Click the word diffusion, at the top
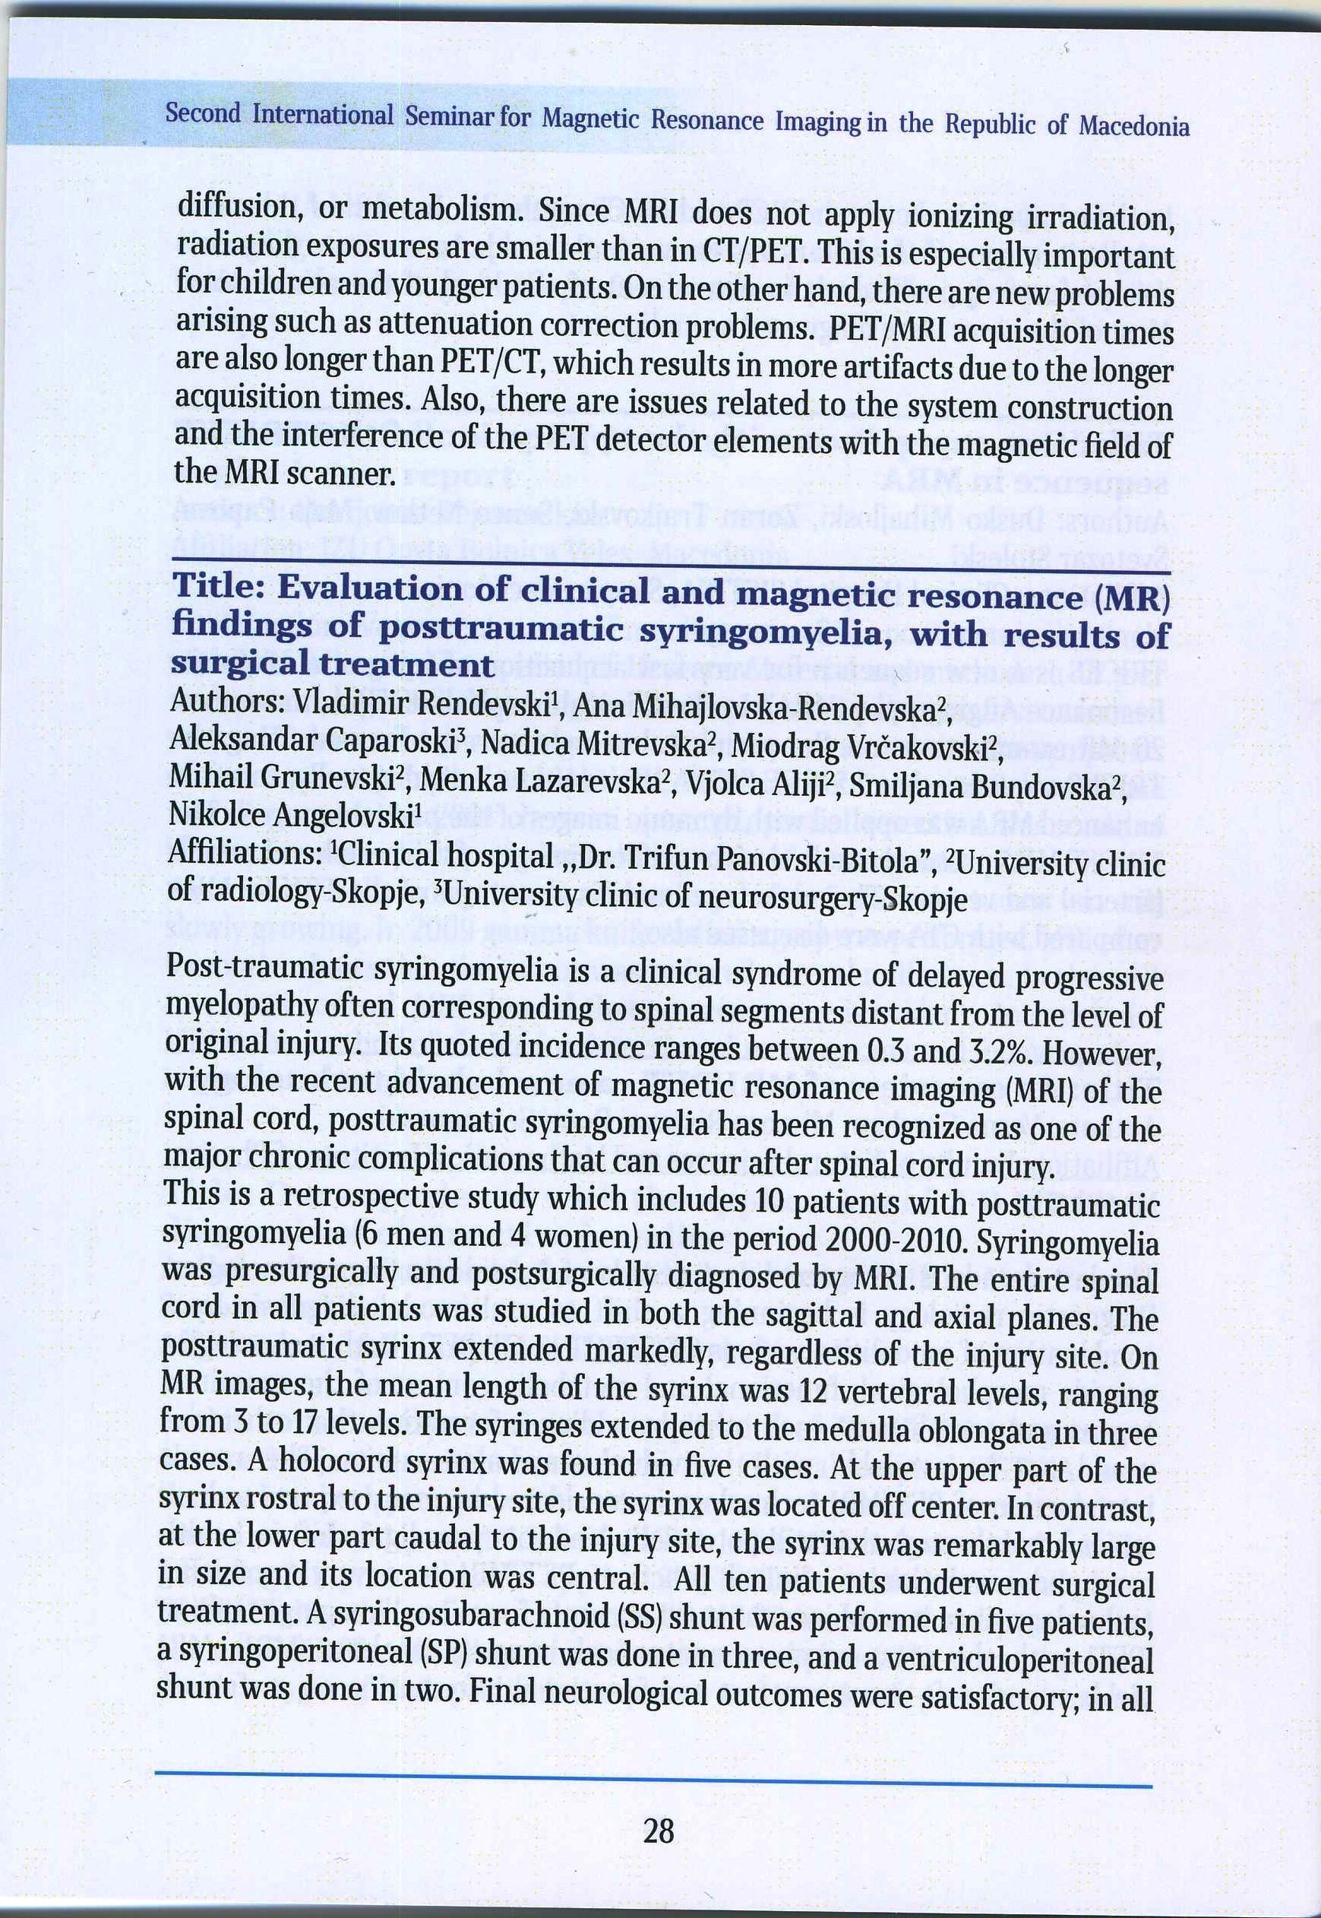coord(239,206)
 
